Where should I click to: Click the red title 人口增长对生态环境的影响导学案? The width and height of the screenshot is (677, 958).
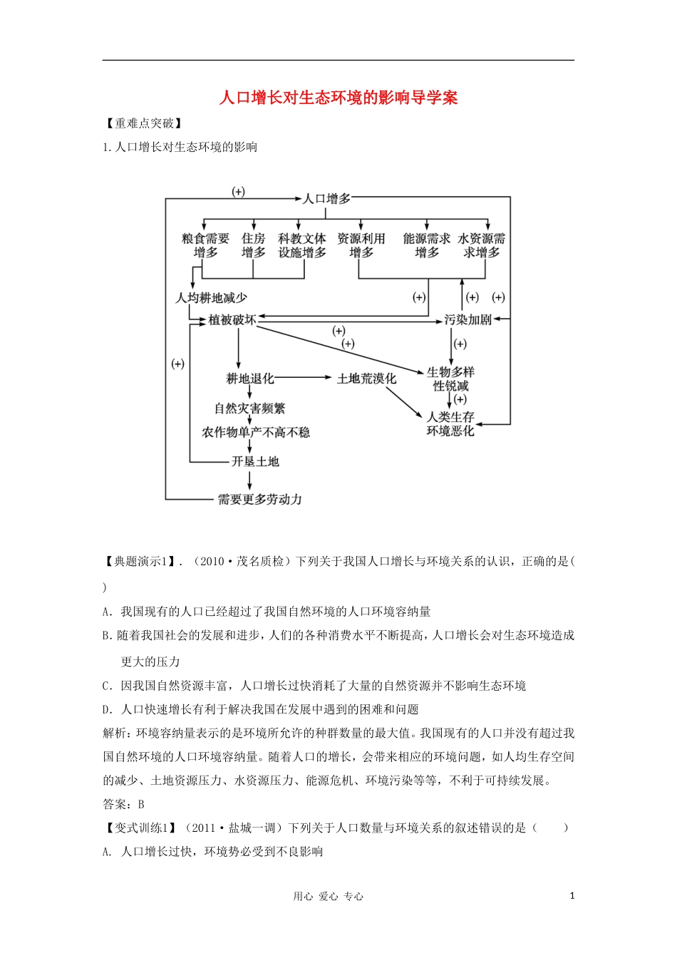tap(338, 98)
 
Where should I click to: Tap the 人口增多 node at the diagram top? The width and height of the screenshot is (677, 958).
tap(327, 198)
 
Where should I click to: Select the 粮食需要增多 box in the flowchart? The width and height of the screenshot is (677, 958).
tap(205, 246)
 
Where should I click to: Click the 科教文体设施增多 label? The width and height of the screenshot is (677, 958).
tap(302, 246)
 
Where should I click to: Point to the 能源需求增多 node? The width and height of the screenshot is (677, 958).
tap(426, 246)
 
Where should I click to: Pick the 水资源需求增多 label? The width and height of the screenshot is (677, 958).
tap(482, 246)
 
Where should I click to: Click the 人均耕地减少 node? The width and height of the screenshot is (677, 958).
tap(212, 297)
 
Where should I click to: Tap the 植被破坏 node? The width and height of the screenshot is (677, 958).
tap(232, 320)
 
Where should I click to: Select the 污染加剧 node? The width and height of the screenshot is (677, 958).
tap(468, 320)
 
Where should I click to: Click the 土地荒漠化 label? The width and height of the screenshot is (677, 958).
tap(366, 378)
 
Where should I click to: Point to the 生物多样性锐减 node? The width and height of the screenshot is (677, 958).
tap(450, 378)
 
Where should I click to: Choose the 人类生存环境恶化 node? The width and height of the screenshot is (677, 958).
tap(450, 423)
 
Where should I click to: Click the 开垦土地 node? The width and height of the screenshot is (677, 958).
tap(255, 461)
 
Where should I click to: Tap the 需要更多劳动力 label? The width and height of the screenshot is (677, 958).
tap(260, 499)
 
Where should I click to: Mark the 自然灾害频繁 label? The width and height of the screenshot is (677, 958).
tap(250, 408)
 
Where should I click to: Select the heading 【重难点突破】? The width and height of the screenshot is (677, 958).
tap(145, 123)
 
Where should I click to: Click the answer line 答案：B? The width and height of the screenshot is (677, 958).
tap(124, 804)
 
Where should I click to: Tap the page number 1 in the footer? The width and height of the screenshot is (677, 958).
tap(572, 896)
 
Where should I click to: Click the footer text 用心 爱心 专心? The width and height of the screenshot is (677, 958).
tap(329, 897)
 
